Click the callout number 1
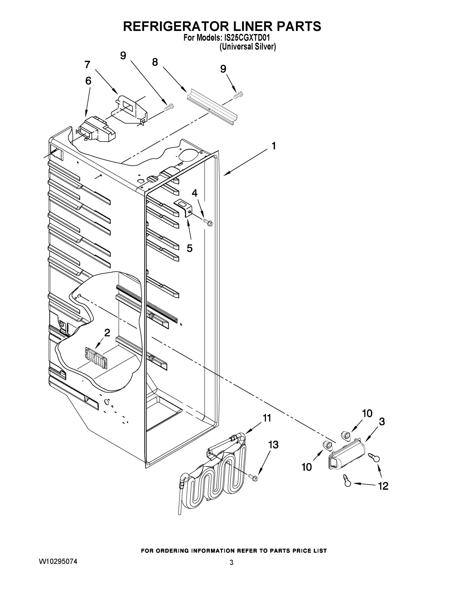click(274, 146)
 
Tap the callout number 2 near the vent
click(107, 333)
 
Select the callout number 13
click(273, 445)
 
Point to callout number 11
click(267, 418)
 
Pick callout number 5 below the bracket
click(190, 248)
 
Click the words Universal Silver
click(248, 47)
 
